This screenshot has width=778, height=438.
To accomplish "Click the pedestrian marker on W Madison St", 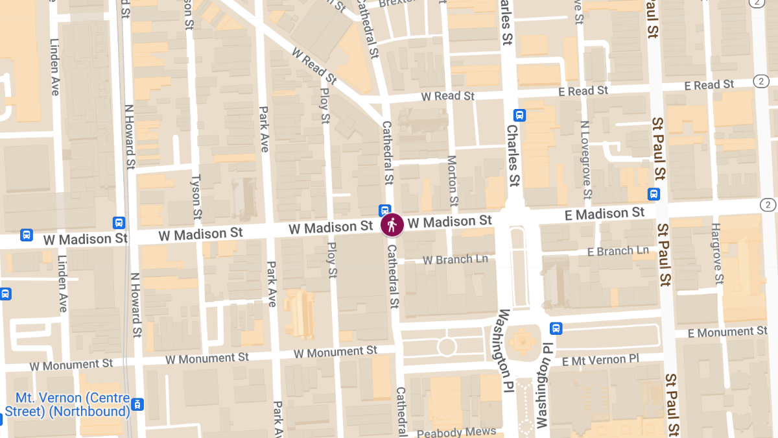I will pyautogui.click(x=392, y=225).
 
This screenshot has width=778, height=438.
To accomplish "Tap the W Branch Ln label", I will pyautogui.click(x=455, y=260).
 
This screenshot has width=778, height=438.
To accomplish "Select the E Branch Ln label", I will pyautogui.click(x=618, y=251).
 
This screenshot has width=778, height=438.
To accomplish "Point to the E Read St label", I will pyautogui.click(x=710, y=85).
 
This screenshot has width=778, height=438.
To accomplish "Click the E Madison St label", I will pyautogui.click(x=605, y=213).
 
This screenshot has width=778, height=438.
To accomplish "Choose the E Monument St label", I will pyautogui.click(x=727, y=332).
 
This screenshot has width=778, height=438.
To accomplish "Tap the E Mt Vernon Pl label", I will pyautogui.click(x=600, y=359).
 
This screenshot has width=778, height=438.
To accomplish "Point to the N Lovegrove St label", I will pyautogui.click(x=585, y=160).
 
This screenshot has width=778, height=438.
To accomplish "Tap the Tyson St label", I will pyautogui.click(x=196, y=199).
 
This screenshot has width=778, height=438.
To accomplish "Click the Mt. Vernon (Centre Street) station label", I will pyautogui.click(x=67, y=405).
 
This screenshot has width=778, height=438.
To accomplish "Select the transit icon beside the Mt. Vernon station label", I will pyautogui.click(x=137, y=405).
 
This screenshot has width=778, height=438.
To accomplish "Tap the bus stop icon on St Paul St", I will pyautogui.click(x=654, y=194).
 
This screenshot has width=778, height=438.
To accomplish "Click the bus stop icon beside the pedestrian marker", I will pyautogui.click(x=384, y=210).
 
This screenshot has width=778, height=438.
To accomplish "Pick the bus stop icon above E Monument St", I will pyautogui.click(x=556, y=328).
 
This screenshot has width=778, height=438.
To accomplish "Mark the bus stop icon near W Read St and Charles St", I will pyautogui.click(x=519, y=116).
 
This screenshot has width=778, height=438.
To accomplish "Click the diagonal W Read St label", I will pyautogui.click(x=314, y=66).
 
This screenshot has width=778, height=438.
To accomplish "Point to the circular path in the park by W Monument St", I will pyautogui.click(x=447, y=347).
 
